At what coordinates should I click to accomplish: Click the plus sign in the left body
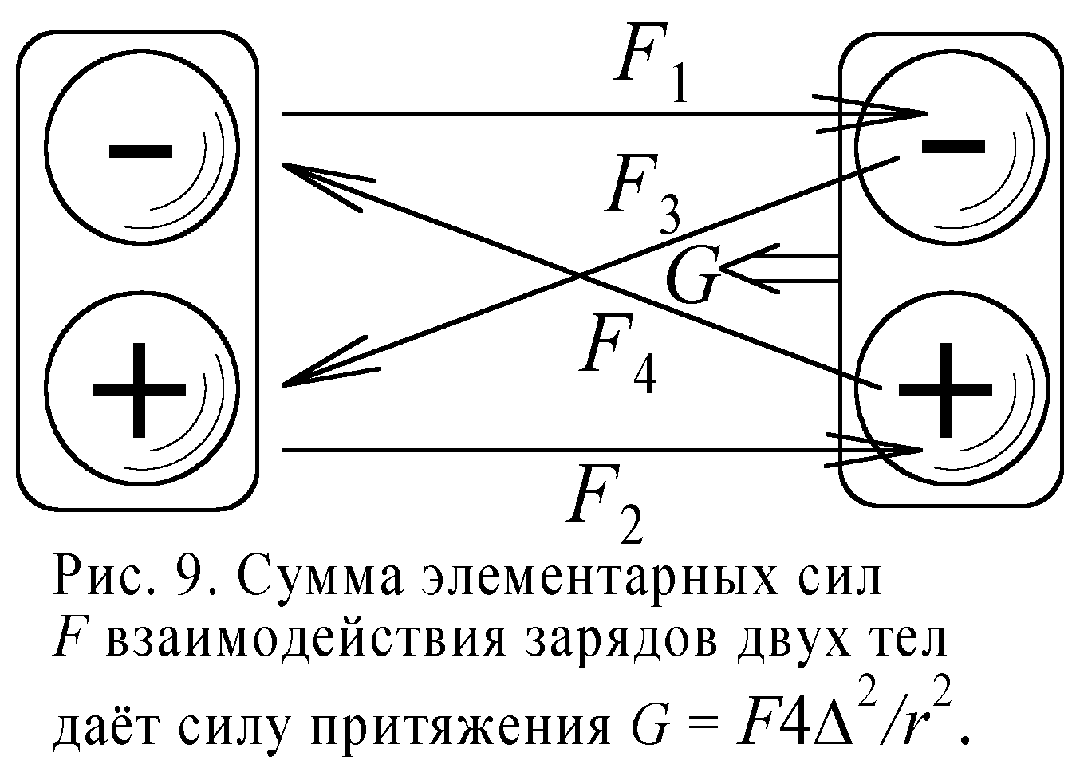(140, 390)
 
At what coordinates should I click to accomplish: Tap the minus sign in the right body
(953, 144)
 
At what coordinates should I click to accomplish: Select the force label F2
(602, 508)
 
